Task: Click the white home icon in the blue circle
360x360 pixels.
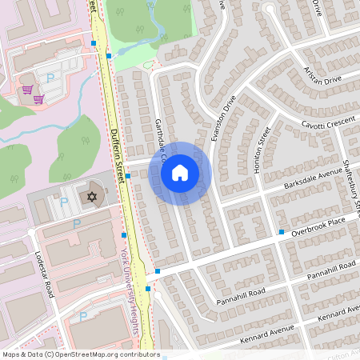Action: [180, 173]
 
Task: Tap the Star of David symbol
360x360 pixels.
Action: [91, 196]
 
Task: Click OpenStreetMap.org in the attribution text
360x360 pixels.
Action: [84, 354]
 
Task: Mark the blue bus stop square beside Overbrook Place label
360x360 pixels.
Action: [282, 232]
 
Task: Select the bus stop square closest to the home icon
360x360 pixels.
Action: [128, 175]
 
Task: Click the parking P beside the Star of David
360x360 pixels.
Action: [64, 202]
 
